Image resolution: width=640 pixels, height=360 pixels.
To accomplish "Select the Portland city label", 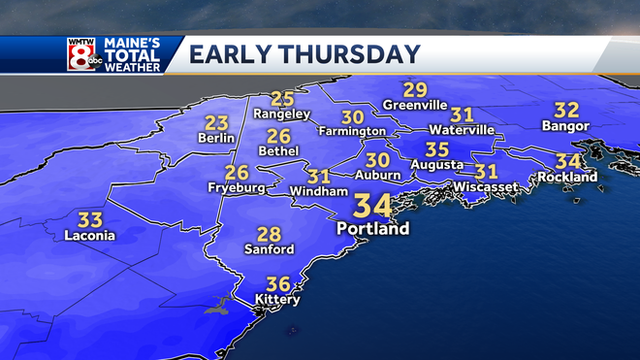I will click(373, 230).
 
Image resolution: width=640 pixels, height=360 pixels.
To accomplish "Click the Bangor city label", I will click(565, 127).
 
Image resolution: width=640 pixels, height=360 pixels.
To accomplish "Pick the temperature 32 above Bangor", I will click(566, 110).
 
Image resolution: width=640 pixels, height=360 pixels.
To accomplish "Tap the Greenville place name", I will click(416, 105).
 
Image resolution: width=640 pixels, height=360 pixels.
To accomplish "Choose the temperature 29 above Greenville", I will click(416, 88).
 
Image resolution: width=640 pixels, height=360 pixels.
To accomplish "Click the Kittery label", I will click(277, 300).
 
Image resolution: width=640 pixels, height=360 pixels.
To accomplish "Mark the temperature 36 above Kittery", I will click(278, 283).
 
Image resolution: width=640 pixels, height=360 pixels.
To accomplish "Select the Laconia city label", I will click(89, 236).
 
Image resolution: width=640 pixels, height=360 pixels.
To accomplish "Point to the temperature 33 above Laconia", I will click(90, 219).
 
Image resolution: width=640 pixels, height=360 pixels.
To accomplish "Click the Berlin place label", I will click(216, 139).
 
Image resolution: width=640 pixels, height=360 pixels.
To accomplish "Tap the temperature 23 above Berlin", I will click(216, 122).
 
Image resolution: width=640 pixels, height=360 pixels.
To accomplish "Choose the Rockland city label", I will click(568, 178).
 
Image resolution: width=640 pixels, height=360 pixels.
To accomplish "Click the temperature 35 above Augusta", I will click(437, 149).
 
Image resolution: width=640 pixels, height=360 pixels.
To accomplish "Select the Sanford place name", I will click(269, 249).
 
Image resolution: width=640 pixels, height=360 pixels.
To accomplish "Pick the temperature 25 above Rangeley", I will click(282, 98).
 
